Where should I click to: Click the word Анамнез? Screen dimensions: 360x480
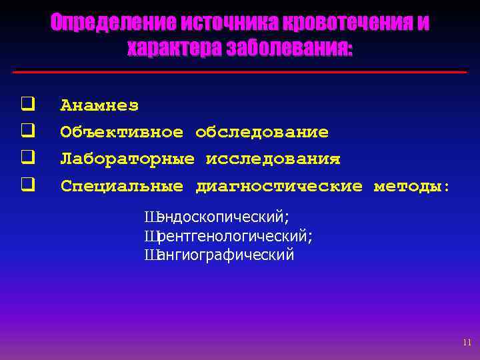tap(99, 105)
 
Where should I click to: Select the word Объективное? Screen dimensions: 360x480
tap(121, 132)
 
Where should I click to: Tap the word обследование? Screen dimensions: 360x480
tap(262, 132)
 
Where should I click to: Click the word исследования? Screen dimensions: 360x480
tap(273, 159)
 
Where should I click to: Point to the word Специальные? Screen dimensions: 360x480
tap(121, 186)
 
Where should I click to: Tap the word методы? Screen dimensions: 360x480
tap(410, 186)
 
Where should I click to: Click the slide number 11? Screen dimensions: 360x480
tap(466, 343)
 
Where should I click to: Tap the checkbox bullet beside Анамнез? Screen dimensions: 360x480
tap(27, 104)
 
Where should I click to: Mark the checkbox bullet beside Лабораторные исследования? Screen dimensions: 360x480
tap(27, 158)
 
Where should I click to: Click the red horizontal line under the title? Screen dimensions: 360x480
tap(240, 71)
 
